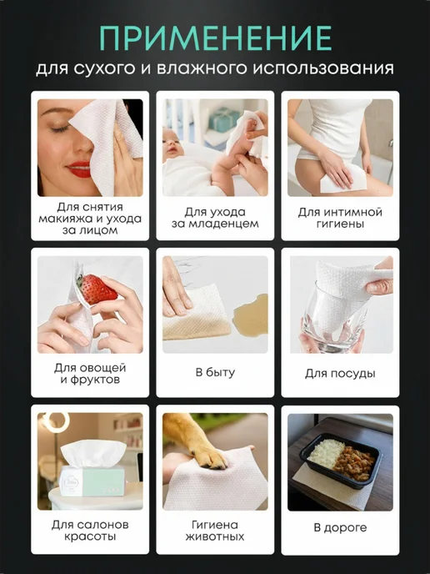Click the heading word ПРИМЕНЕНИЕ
pos(215,38)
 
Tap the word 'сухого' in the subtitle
pos(104,68)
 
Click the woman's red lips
pos(79,169)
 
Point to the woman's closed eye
pos(59,128)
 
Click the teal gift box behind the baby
pos(224,119)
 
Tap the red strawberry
pos(96,290)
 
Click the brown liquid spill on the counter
pos(251,314)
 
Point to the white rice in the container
pos(326,454)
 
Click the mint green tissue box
pos(92,481)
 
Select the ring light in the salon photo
pos(55,422)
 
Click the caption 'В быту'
pos(215,373)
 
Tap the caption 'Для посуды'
pos(340,374)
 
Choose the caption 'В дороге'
pos(340,528)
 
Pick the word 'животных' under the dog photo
pos(215,536)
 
